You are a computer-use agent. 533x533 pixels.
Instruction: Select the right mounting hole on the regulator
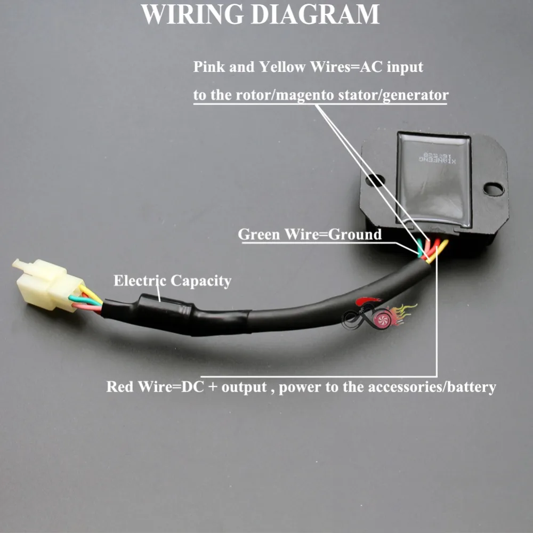(x=494, y=189)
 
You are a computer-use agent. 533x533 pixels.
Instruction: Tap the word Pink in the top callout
(x=209, y=68)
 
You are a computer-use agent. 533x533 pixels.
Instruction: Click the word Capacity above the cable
(x=200, y=281)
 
